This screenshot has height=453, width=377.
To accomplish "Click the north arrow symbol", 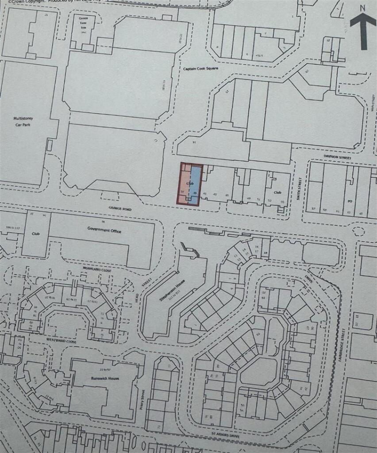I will pos(363,31).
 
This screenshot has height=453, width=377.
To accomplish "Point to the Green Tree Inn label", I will pos(83,23).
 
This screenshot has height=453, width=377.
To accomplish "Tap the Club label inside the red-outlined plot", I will pos(191,182).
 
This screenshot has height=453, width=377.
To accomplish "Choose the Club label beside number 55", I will pos(277,193).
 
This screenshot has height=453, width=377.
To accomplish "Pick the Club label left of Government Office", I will pos(36,233).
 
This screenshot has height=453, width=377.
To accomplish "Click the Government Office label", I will pos(104,231).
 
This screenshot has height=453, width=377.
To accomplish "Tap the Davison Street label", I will pos(337,157).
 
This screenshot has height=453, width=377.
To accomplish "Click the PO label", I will pos(349,200).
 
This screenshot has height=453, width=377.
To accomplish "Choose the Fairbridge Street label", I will pos(344,344).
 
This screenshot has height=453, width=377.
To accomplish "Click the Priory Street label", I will pos(142,399).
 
